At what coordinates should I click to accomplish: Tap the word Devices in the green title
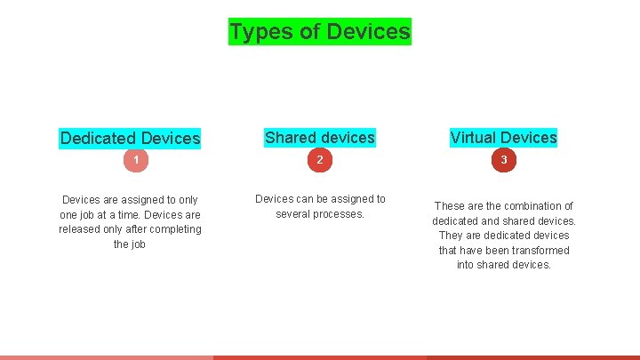pyautogui.click(x=368, y=32)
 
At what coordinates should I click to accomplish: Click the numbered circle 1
pyautogui.click(x=135, y=160)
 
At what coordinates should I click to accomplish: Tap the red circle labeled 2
pyautogui.click(x=320, y=160)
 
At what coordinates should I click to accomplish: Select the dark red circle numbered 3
pyautogui.click(x=503, y=160)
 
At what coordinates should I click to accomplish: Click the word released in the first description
pyautogui.click(x=81, y=229)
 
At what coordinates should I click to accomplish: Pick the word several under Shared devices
pyautogui.click(x=296, y=214)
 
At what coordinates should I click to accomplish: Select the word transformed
pyautogui.click(x=540, y=251)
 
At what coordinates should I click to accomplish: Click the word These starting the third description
pyautogui.click(x=449, y=206)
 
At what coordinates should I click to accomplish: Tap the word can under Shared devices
pyautogui.click(x=306, y=199)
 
